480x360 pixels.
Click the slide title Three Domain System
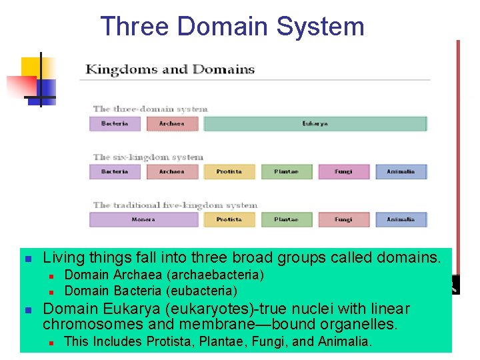232,27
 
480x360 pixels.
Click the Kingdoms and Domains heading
170,69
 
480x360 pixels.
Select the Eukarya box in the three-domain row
315,124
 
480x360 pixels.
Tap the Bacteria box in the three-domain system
115,124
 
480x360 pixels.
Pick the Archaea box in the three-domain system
172,124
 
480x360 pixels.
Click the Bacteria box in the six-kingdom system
115,172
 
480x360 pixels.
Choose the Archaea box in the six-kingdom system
172,172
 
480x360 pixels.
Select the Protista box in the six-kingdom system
229,172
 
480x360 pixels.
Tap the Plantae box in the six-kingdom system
286,172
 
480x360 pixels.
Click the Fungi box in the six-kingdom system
343,172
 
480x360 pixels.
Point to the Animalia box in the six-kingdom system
401,172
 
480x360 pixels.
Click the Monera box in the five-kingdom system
143,219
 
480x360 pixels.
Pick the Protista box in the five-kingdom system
229,219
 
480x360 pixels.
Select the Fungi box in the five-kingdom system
343,219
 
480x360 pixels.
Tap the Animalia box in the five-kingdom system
401,219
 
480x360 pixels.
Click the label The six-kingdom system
148,157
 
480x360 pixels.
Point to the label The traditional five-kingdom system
175,205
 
